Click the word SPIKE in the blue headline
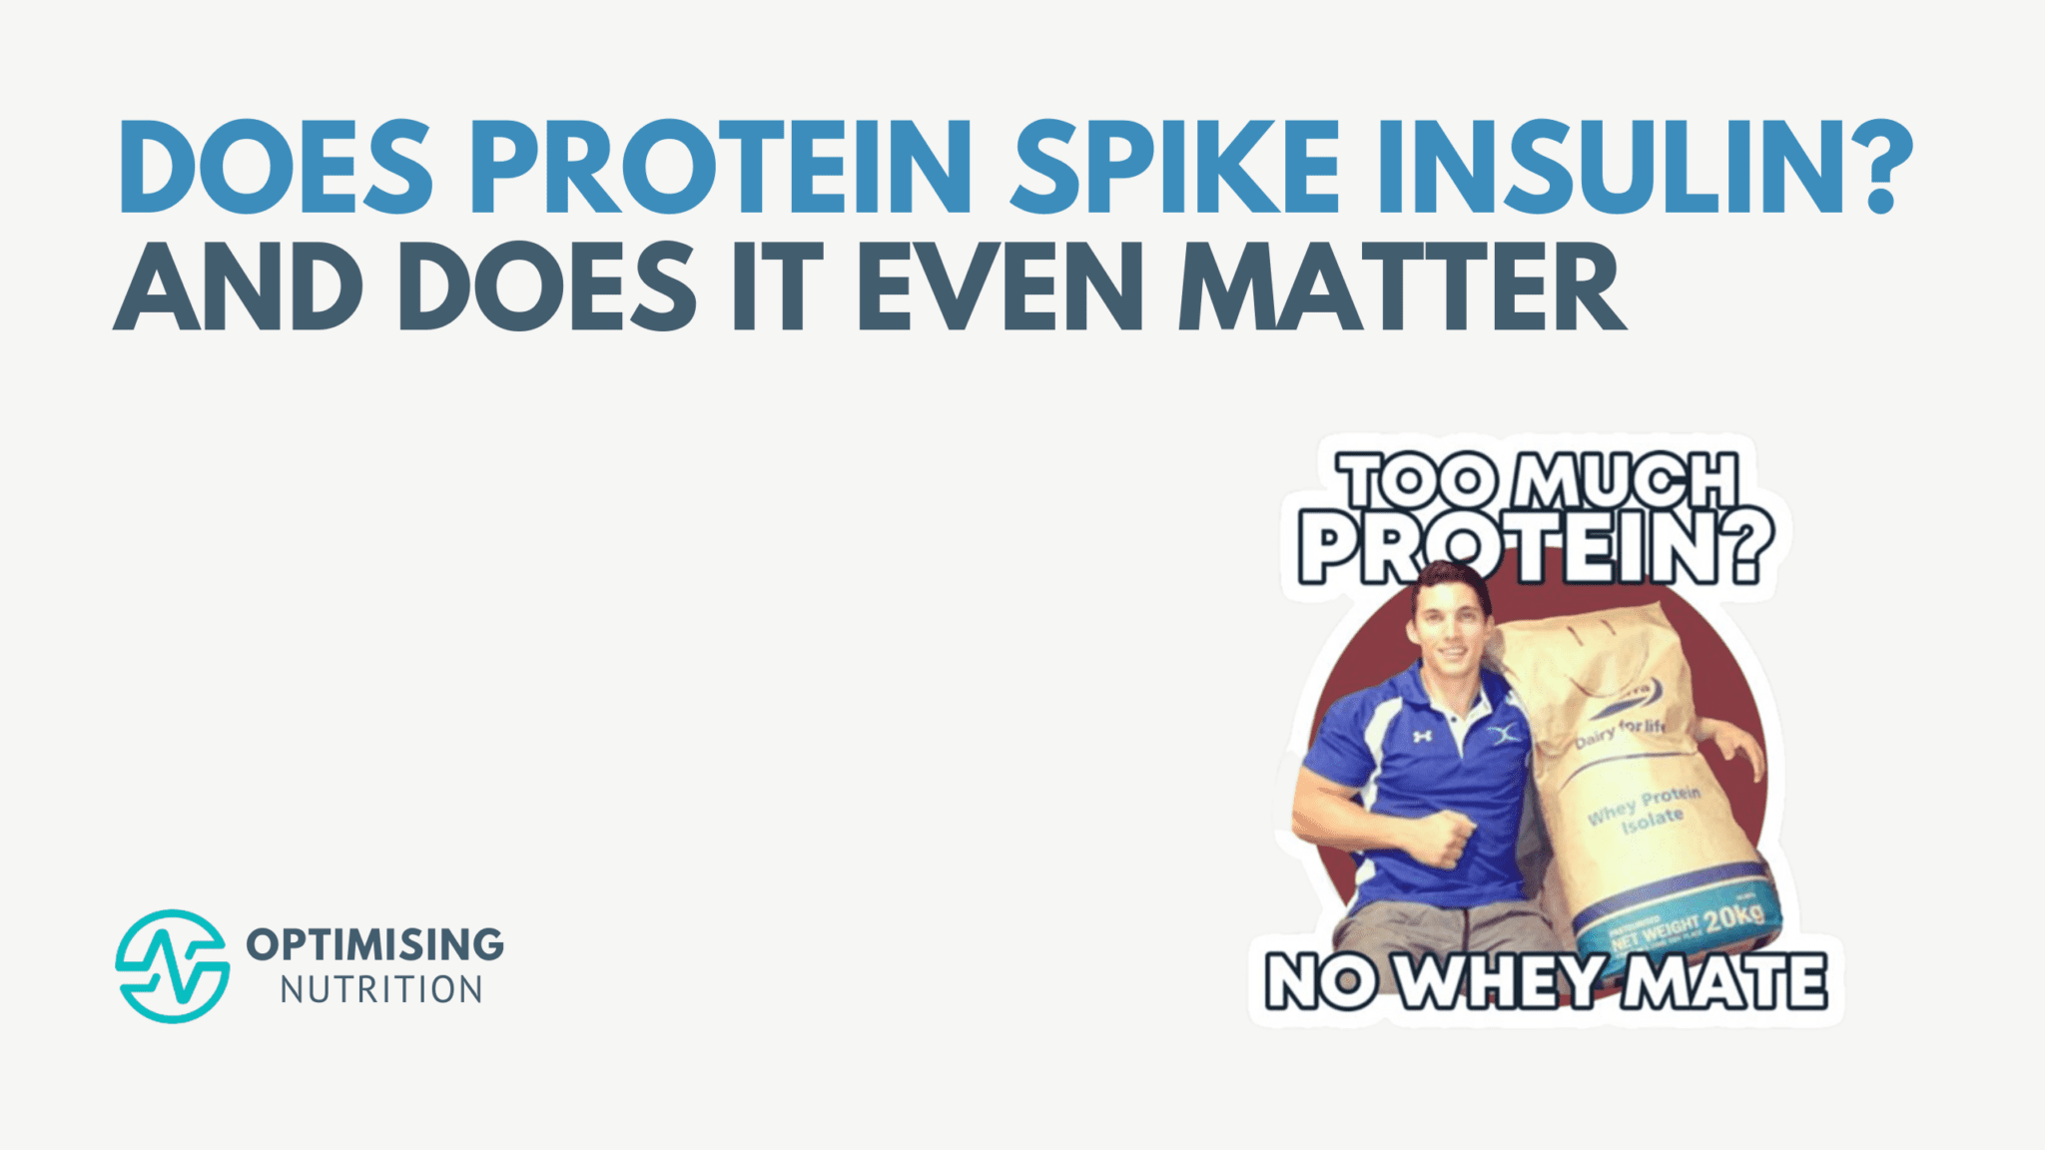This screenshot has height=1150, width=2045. click(1174, 167)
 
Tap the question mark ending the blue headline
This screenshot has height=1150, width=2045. click(1878, 167)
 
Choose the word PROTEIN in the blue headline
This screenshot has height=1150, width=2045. click(728, 167)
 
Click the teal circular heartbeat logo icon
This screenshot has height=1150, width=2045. click(172, 965)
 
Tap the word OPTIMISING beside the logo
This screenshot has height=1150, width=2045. click(375, 943)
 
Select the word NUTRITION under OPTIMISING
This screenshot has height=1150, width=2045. click(381, 990)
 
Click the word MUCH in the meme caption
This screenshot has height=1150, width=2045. click(1627, 483)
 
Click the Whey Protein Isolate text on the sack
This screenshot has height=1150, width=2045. click(1646, 809)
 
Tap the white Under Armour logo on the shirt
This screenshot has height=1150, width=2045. click(1423, 736)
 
